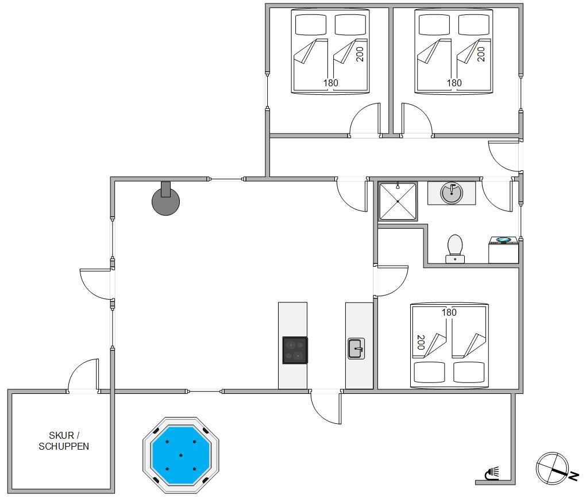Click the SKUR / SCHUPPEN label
pyautogui.click(x=64, y=440)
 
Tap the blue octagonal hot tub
pyautogui.click(x=181, y=455)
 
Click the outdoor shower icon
pyautogui.click(x=492, y=473)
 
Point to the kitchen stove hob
pyautogui.click(x=295, y=350)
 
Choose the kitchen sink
pyautogui.click(x=356, y=348)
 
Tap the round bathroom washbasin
pyautogui.click(x=452, y=193)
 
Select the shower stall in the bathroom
pyautogui.click(x=398, y=201)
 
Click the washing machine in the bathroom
pyautogui.click(x=503, y=250)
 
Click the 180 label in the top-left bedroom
pyautogui.click(x=331, y=83)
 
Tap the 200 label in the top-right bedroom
pyautogui.click(x=481, y=54)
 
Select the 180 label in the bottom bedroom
pyautogui.click(x=449, y=312)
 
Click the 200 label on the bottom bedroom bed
pyautogui.click(x=421, y=342)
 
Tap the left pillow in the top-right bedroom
pyautogui.click(x=434, y=25)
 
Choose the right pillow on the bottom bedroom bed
pyautogui.click(x=469, y=372)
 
